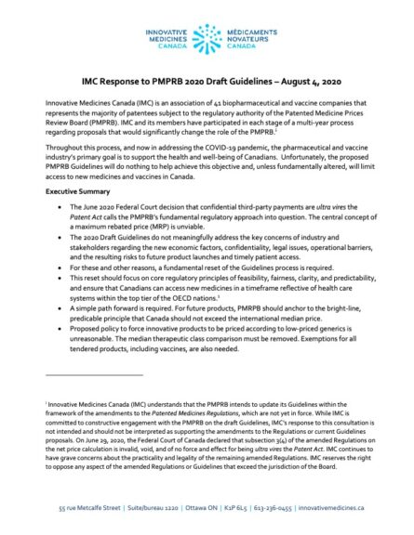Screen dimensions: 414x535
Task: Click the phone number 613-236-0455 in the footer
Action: (x=275, y=512)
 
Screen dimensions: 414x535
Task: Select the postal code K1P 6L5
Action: (x=236, y=512)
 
